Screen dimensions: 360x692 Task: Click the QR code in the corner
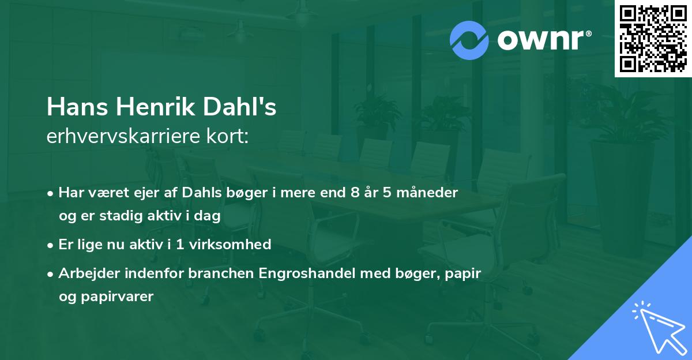coord(653,39)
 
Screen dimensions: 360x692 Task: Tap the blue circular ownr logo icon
coord(469,40)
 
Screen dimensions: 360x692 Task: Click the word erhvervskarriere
coord(119,137)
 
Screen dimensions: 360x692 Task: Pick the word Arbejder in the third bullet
coord(86,273)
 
